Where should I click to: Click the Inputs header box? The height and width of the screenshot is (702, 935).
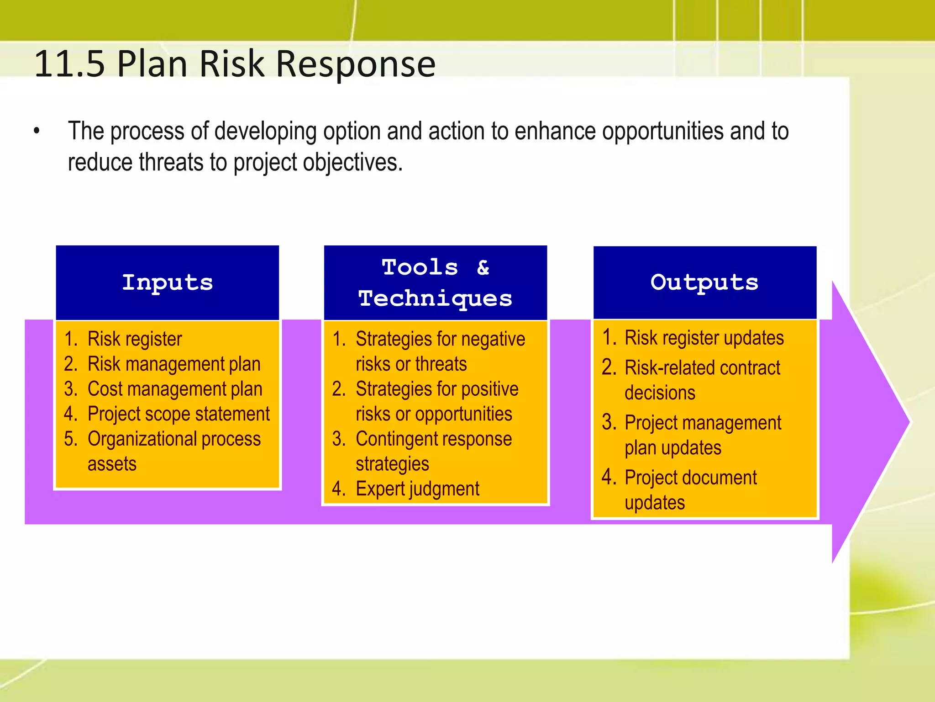167,282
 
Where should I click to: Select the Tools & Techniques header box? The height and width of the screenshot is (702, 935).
435,282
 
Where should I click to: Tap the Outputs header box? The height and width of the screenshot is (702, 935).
704,282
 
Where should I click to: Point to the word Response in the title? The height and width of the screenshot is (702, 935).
356,64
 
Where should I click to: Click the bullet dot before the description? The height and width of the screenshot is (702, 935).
37,132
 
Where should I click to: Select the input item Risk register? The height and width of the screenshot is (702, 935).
135,339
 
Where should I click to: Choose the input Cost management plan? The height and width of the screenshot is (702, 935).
175,389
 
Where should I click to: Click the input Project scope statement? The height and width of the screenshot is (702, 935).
179,414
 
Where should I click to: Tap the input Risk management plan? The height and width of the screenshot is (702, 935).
174,364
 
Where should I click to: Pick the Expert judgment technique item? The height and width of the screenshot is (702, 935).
417,489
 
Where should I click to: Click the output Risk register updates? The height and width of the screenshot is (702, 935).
704,338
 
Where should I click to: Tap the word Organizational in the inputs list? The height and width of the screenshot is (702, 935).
142,439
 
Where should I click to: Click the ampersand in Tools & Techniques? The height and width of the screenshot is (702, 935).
483,267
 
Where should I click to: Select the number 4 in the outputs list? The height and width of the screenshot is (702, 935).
608,477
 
